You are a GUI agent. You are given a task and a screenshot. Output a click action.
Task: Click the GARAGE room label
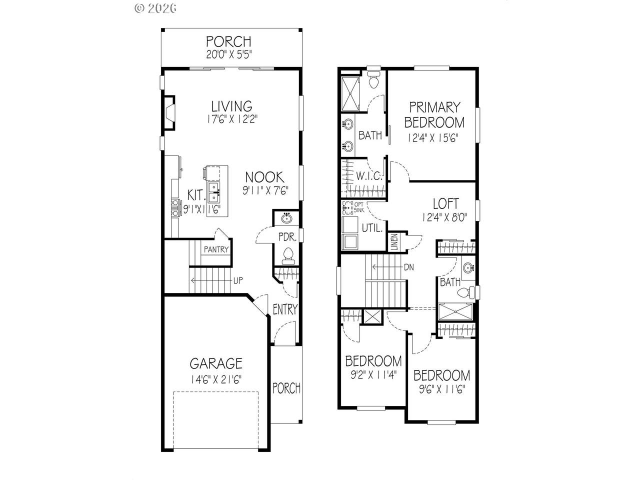[216, 363]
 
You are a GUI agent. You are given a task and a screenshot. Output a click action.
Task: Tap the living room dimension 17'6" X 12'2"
[232, 119]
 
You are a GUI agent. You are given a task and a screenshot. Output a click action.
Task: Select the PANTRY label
[216, 249]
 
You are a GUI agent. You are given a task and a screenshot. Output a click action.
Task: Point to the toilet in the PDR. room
[288, 256]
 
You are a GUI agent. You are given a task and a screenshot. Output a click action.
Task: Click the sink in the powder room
[287, 217]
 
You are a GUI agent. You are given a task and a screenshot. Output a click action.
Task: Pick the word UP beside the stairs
[238, 280]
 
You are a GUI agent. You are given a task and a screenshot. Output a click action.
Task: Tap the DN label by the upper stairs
[409, 267]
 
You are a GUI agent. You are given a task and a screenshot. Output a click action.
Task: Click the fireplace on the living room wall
[169, 112]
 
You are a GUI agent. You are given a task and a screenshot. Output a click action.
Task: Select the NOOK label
[264, 177]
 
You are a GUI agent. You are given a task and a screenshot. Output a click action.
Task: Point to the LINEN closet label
[394, 242]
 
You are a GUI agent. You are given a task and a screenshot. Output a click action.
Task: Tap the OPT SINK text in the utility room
[359, 207]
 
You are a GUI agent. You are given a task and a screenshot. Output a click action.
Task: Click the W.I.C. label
[369, 176]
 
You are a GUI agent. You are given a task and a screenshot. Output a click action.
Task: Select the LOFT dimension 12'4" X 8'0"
[444, 217]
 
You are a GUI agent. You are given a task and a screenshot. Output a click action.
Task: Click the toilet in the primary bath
[374, 79]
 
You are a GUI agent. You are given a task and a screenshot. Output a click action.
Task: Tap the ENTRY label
[285, 309]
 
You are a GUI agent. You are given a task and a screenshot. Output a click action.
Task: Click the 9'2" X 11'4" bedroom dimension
[373, 375]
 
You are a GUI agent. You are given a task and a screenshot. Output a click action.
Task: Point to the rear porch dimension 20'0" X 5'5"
[229, 54]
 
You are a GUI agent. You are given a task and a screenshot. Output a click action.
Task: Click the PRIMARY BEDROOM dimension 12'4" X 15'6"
[432, 137]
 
